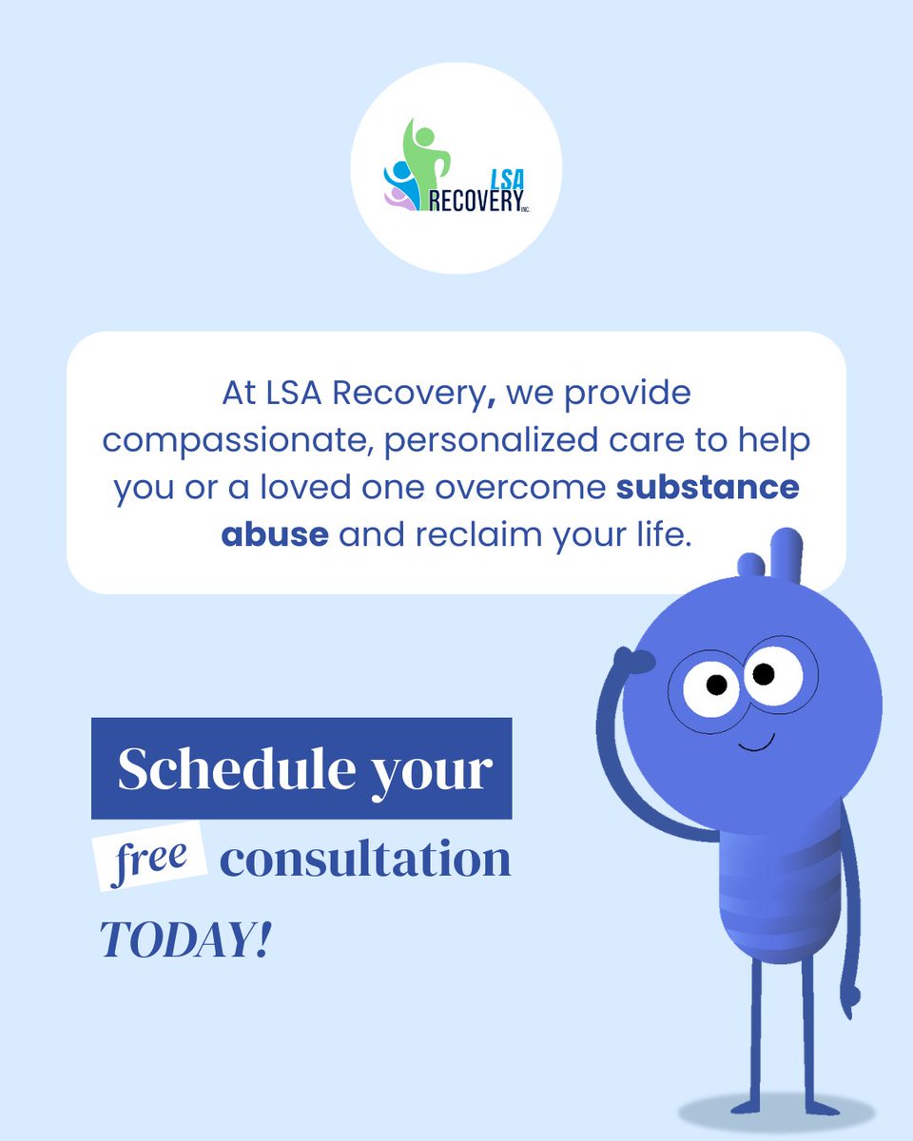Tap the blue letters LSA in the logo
click(x=500, y=178)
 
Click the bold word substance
click(x=707, y=488)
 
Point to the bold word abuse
click(x=275, y=534)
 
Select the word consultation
click(x=365, y=859)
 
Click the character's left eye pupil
click(x=716, y=685)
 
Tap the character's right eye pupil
click(x=764, y=674)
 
